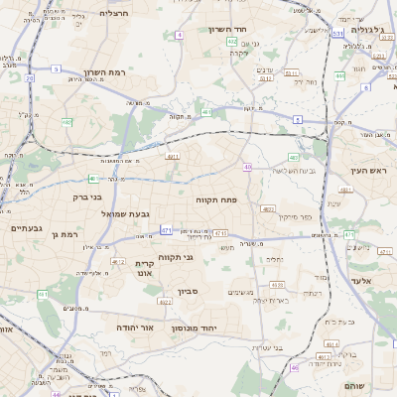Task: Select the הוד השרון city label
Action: pyautogui.click(x=225, y=30)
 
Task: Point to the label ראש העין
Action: pyautogui.click(x=366, y=171)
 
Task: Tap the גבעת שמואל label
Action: pyautogui.click(x=124, y=213)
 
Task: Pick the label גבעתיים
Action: pyautogui.click(x=27, y=228)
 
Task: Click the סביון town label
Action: pyautogui.click(x=189, y=292)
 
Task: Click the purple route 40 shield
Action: pyautogui.click(x=248, y=167)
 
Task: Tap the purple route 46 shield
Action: pyautogui.click(x=294, y=368)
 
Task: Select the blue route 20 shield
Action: pyautogui.click(x=30, y=77)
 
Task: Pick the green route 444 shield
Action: pyautogui.click(x=339, y=75)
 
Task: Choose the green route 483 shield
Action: pyautogui.click(x=294, y=158)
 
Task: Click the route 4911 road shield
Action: pyautogui.click(x=173, y=156)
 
